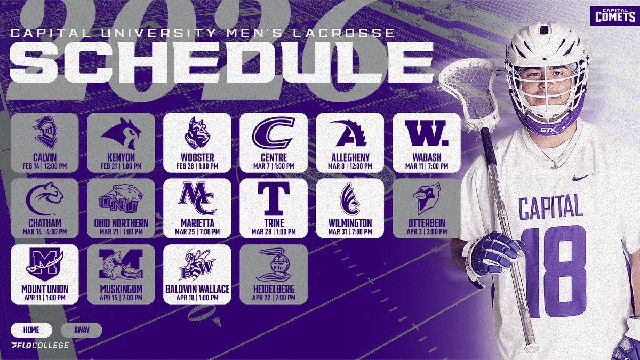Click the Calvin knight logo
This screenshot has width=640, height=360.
[x=44, y=133]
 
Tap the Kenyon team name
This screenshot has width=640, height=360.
[x=121, y=158]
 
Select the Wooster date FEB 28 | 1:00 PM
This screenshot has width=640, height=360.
[x=197, y=166]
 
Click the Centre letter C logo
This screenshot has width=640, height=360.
[x=273, y=133]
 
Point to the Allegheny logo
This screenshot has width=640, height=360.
[x=349, y=133]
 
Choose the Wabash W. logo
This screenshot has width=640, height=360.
[x=426, y=133]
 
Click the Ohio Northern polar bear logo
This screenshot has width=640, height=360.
[x=121, y=199]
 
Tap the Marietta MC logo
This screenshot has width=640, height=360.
[x=197, y=199]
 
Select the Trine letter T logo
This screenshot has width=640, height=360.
[x=274, y=199]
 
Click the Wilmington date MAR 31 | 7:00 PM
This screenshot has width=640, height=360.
[x=349, y=232]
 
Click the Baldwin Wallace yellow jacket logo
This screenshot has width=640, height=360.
[x=197, y=265]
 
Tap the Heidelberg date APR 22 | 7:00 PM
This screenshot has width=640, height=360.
[x=274, y=298]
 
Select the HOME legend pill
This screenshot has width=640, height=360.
[x=31, y=330]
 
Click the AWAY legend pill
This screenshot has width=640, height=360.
[x=82, y=330]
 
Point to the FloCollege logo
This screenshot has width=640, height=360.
[x=39, y=346]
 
